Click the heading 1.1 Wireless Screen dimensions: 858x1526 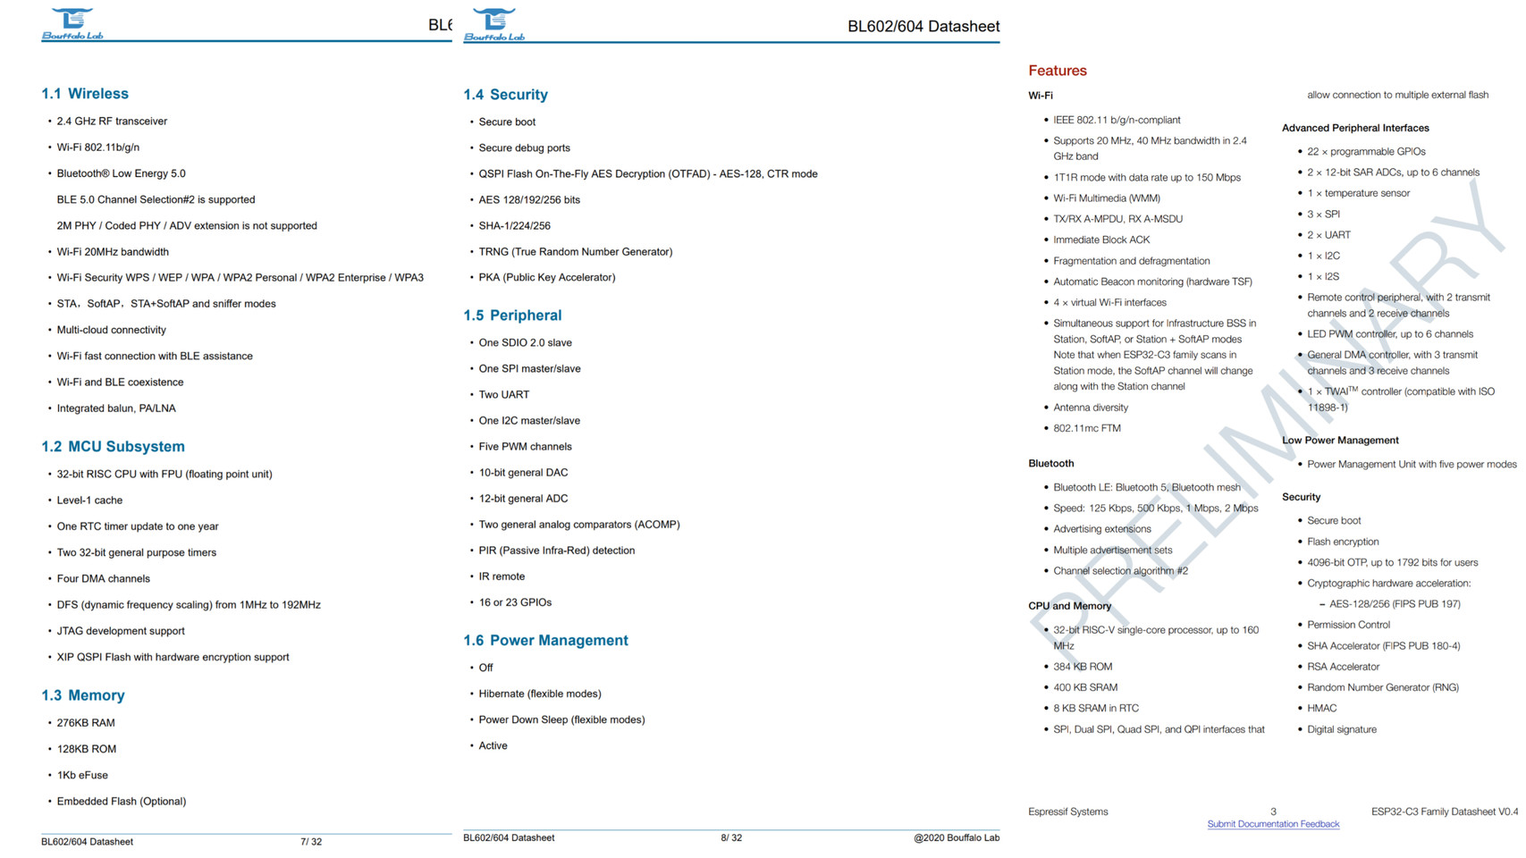point(85,94)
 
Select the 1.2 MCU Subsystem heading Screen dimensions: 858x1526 point(113,447)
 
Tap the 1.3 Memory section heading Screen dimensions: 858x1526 point(83,695)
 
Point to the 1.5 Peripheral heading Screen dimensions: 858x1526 point(512,315)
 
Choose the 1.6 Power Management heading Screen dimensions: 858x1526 point(545,641)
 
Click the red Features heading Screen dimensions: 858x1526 point(1057,71)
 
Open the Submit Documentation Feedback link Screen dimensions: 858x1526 point(1272,824)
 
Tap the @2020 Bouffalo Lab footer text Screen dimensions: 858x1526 point(956,838)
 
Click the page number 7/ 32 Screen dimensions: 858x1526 point(311,842)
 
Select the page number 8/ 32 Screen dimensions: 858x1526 point(731,838)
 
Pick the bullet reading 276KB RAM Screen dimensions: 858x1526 point(86,723)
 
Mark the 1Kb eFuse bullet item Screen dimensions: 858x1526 point(82,775)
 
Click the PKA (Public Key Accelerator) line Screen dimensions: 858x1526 point(546,278)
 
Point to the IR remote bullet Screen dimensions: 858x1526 point(502,576)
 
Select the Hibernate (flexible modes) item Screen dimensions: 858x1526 point(539,694)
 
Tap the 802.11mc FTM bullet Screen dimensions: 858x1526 point(1086,428)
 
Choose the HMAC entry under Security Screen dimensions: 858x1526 point(1321,708)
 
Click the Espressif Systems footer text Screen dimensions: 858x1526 point(1067,812)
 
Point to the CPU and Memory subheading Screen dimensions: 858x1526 point(1069,606)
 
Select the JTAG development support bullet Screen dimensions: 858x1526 point(121,631)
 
